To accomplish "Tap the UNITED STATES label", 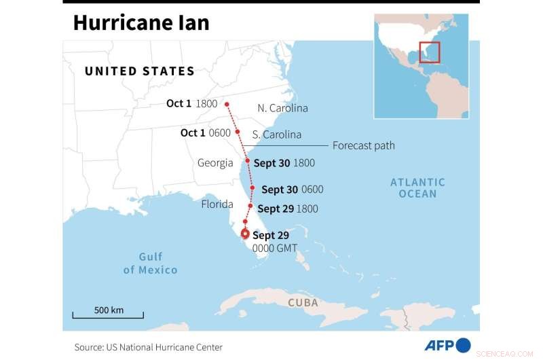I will pos(139,71).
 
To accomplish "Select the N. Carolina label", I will pos(282,108).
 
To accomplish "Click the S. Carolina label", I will pos(276,134).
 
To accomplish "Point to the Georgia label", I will pos(215,163).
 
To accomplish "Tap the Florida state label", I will pos(217,204).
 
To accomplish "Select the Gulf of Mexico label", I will pos(150,263).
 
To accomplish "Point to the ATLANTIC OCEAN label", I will pos(418,187).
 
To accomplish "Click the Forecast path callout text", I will pos(363,145).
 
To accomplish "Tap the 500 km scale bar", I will pos(109,313).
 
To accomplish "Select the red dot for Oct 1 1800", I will pos(227,104).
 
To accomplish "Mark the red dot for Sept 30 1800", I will pos(248,162).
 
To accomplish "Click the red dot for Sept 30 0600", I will pos(253,188).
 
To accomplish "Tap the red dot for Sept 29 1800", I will pos(250,206).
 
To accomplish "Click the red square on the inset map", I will pos(430,52).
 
